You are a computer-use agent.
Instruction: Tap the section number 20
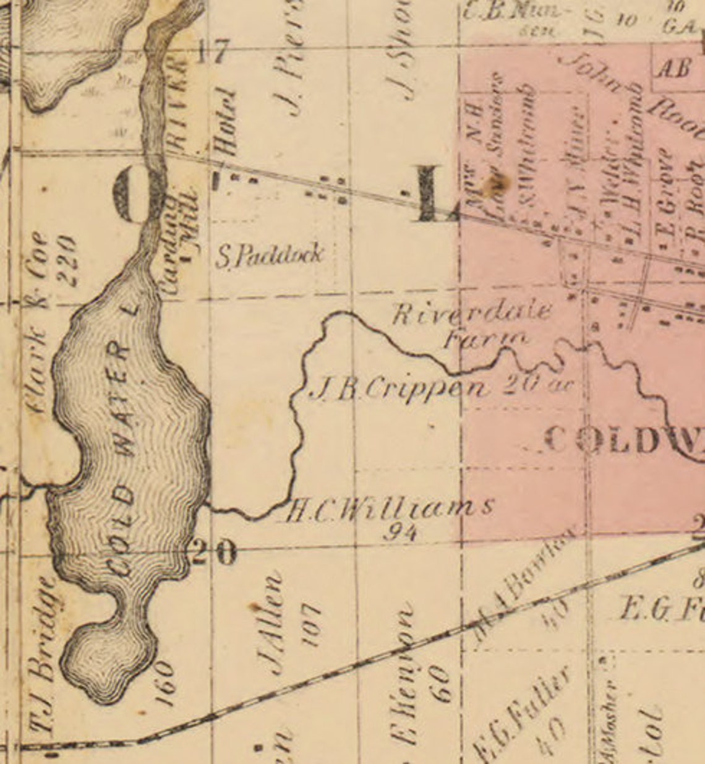[x=214, y=551]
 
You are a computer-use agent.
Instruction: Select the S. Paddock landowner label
[x=270, y=255]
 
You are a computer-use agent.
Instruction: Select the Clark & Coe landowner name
[x=38, y=322]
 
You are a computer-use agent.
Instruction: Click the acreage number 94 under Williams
[x=400, y=531]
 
